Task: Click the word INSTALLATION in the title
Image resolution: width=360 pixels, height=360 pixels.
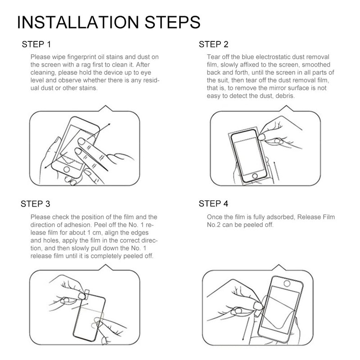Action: (x=78, y=22)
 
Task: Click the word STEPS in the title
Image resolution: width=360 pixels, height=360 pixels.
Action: (x=172, y=22)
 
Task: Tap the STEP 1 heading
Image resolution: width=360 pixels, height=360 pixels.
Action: (x=36, y=44)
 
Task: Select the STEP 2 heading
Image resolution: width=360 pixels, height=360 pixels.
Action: (x=213, y=44)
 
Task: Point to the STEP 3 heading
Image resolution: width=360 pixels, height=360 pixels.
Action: (x=36, y=204)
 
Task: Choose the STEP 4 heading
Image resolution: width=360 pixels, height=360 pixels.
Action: (x=213, y=204)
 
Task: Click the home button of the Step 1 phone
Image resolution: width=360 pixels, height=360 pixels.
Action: (x=67, y=170)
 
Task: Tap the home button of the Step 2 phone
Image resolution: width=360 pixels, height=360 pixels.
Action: (x=255, y=176)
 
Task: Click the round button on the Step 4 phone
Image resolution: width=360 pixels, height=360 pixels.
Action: (x=287, y=283)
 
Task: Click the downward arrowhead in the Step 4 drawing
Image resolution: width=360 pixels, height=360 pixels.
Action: (x=243, y=339)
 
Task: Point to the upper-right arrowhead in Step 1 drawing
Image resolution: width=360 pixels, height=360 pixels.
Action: (x=109, y=125)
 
